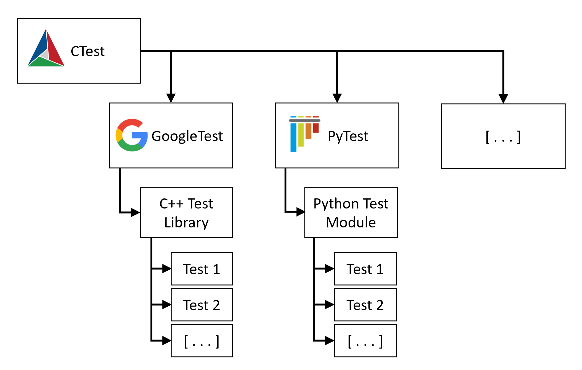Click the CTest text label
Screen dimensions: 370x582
point(87,51)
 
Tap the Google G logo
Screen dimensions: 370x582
point(132,135)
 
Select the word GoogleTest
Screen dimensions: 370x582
point(187,136)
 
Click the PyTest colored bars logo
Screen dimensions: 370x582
point(303,134)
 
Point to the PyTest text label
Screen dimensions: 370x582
point(348,136)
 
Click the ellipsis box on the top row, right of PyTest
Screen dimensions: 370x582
point(503,136)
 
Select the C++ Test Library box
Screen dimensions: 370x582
point(186,213)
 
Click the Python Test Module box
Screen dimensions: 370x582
point(351,213)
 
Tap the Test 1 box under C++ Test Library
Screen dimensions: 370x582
point(202,269)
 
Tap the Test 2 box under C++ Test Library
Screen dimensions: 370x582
point(202,305)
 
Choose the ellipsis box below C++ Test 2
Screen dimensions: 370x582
point(202,341)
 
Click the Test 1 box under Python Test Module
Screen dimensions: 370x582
point(365,269)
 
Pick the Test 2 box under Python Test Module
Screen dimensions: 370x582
point(365,305)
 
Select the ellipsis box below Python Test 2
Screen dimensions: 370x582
point(365,341)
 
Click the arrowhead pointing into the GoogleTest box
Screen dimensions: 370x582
point(171,98)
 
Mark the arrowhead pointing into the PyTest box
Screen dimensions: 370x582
point(337,98)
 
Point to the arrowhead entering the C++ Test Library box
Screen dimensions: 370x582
point(135,212)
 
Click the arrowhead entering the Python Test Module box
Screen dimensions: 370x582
point(300,212)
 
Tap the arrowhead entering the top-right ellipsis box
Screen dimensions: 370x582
point(503,99)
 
